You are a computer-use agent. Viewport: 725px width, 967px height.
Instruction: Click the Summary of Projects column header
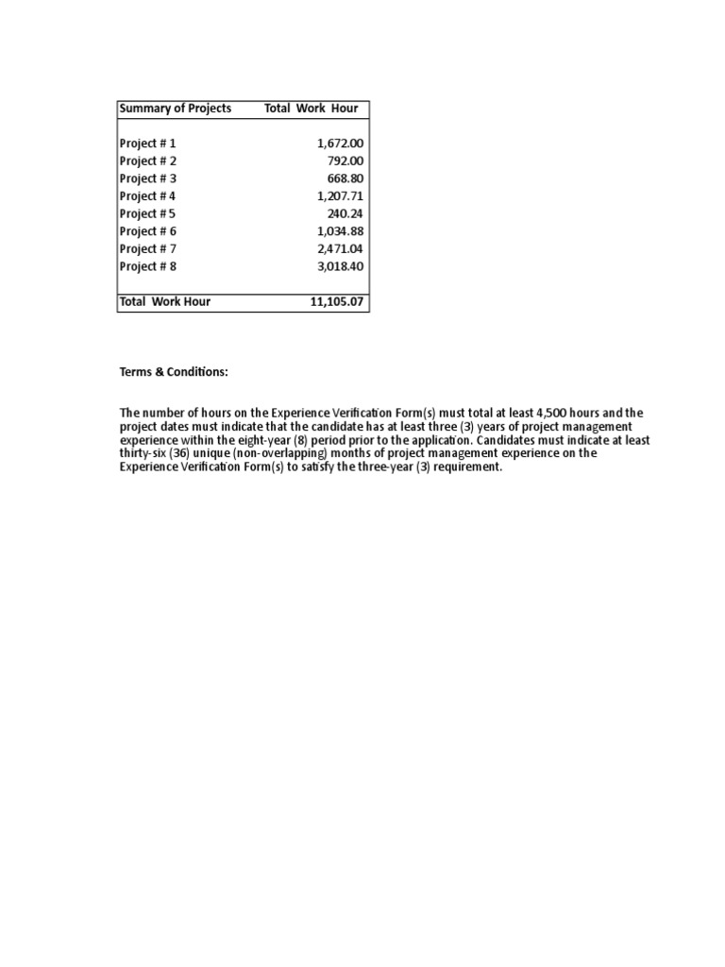175,109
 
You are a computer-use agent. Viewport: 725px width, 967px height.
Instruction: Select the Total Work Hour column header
311,109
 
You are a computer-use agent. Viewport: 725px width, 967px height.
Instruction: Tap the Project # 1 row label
147,144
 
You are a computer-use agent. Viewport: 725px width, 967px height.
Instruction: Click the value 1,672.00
340,144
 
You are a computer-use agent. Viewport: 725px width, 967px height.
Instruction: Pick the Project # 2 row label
147,161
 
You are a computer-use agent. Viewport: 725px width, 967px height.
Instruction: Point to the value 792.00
346,161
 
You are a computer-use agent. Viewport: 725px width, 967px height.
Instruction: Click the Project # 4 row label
147,196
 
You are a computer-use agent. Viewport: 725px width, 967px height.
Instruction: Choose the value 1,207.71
340,196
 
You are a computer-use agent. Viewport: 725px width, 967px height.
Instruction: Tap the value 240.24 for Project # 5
346,213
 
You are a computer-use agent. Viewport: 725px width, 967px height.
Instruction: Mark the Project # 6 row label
147,231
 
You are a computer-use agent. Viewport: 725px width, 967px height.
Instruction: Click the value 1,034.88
340,231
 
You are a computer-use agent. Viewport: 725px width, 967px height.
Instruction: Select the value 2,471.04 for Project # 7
340,249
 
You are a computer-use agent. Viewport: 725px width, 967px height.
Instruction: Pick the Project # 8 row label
147,266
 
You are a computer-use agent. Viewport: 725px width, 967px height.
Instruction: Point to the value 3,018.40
340,266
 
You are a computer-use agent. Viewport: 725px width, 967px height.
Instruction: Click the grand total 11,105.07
337,302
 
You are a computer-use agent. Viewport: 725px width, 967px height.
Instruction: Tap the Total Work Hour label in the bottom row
164,302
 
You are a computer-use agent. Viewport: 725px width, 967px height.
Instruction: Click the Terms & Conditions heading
173,373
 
